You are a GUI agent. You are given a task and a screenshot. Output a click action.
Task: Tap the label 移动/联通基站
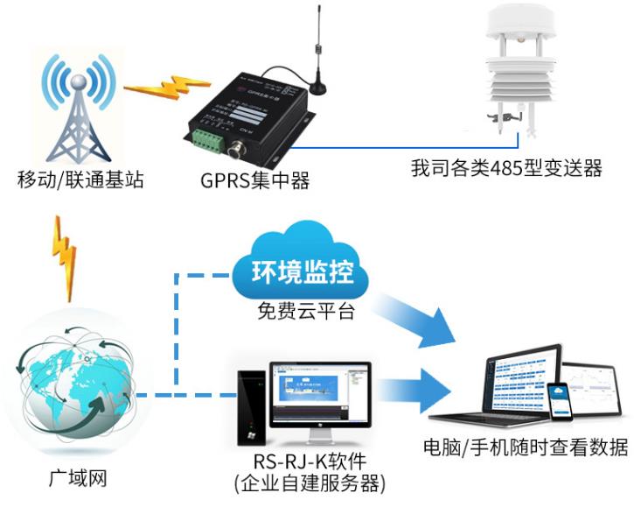[80, 181]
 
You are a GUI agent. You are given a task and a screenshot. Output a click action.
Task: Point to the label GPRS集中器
[254, 181]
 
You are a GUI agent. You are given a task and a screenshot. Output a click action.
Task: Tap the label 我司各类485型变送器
[506, 168]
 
